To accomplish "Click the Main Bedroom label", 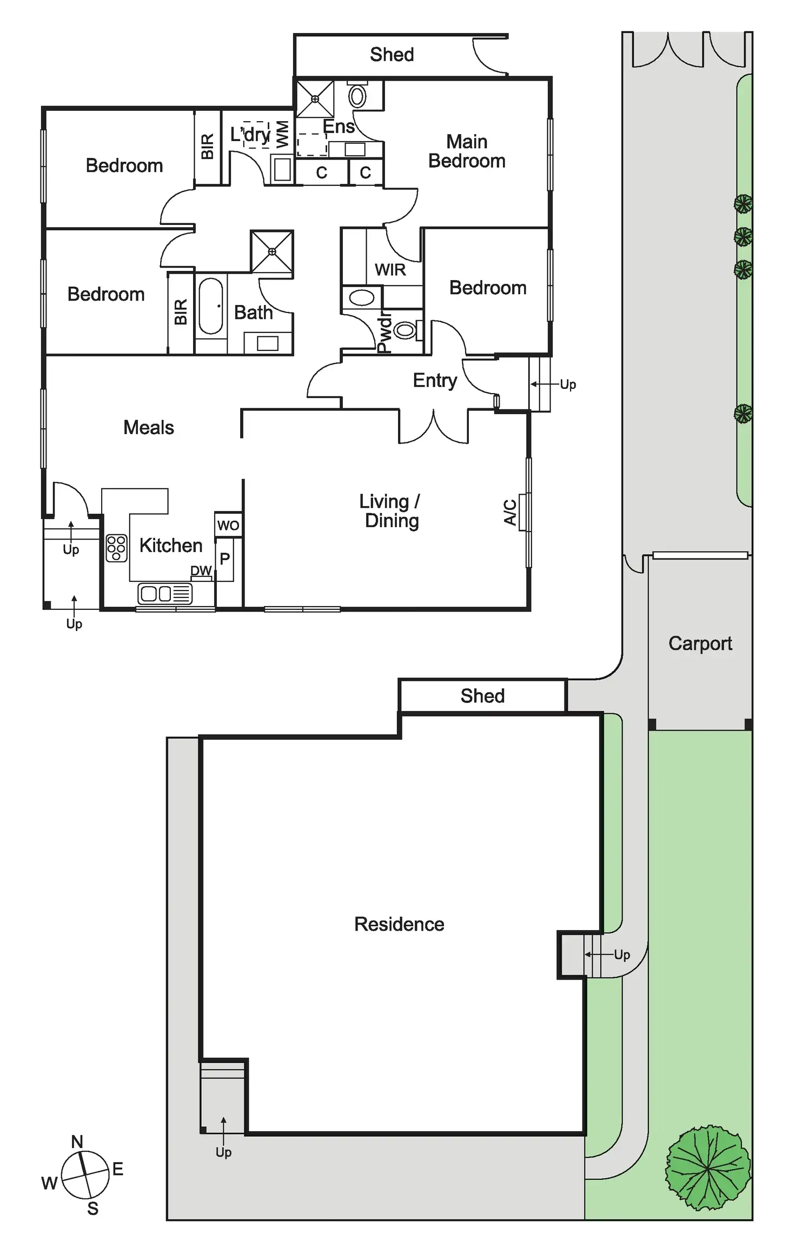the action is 467,151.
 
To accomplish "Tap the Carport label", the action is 700,643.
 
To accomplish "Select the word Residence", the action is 399,924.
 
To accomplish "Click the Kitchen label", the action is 171,546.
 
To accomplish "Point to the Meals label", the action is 149,428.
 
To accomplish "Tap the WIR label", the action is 390,270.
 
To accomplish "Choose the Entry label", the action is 435,381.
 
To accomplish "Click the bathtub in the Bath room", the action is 211,306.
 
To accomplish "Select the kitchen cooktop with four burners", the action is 116,548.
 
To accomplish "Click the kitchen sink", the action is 165,594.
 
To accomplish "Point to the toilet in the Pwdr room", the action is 404,330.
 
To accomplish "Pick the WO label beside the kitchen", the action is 228,526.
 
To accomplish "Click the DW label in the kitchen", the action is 201,571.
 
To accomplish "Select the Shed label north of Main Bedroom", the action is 392,55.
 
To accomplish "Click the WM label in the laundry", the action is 282,134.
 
